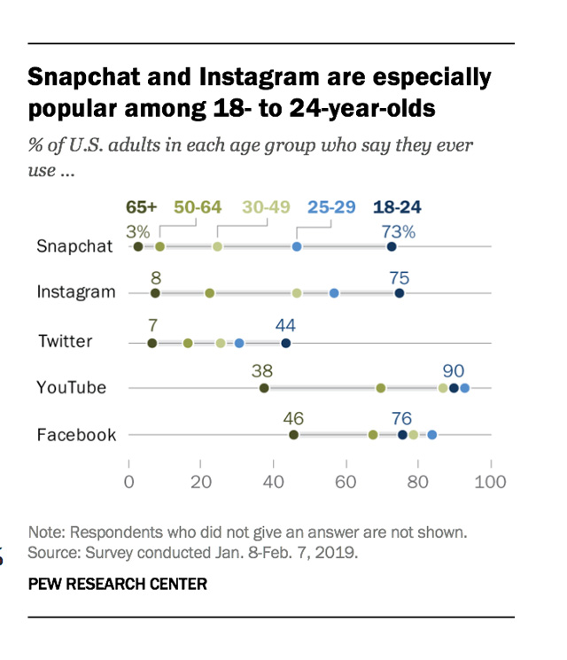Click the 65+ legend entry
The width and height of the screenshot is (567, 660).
click(141, 207)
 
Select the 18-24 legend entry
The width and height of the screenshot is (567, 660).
click(397, 207)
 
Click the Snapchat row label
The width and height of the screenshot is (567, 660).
click(75, 246)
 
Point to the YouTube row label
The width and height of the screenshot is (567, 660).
click(72, 387)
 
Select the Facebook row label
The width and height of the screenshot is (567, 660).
click(76, 435)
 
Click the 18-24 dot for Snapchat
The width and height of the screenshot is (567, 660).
click(392, 246)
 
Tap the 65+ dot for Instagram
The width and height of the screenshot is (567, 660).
click(155, 293)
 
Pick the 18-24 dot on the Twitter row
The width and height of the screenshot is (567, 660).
click(286, 343)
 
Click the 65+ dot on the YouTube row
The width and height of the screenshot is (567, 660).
click(264, 387)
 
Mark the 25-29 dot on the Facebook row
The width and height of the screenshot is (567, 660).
click(432, 435)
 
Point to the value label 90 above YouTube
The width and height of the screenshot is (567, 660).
click(454, 370)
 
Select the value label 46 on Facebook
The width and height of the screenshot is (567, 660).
click(294, 417)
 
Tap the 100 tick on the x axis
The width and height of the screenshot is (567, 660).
click(490, 482)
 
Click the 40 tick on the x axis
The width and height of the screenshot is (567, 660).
click(274, 482)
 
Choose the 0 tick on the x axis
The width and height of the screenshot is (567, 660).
click(129, 482)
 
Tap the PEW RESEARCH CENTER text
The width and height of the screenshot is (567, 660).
click(118, 584)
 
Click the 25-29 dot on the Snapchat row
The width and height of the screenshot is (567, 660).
click(297, 246)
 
